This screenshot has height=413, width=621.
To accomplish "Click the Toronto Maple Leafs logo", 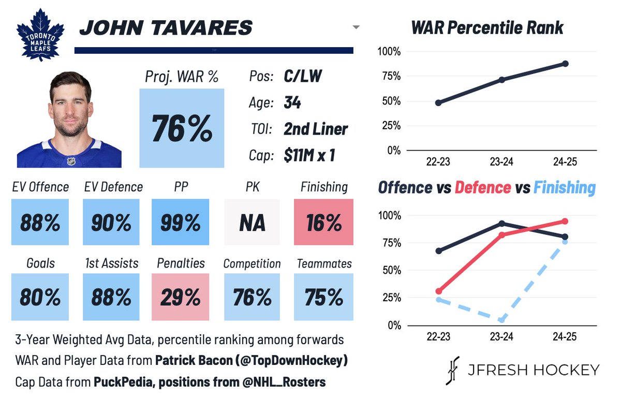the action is tap(40, 35).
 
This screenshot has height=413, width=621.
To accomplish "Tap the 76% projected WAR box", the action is tap(182, 128).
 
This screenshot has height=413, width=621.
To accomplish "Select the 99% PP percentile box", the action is tap(180, 222).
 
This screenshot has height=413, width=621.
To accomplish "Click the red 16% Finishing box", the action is tap(323, 222).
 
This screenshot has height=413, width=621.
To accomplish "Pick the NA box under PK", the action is tap(252, 222).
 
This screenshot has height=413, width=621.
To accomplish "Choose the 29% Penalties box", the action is tap(180, 297).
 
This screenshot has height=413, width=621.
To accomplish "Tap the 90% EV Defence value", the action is tap(111, 223).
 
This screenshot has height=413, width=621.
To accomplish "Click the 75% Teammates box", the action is tap(323, 297).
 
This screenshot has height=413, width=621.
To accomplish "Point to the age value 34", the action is tap(292, 102).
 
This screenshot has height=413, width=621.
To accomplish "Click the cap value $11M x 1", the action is tap(309, 155).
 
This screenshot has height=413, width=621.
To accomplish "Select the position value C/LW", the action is tap(303, 76).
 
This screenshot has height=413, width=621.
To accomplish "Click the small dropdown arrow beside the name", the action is tap(356, 27).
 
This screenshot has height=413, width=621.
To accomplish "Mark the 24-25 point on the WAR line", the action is tap(565, 64).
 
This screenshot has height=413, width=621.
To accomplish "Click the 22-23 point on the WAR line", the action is tap(438, 103).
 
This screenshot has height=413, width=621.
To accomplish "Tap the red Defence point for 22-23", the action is tap(439, 291).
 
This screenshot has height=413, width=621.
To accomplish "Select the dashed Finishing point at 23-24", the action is tap(501, 320).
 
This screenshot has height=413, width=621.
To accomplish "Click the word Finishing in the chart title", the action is tap(565, 188).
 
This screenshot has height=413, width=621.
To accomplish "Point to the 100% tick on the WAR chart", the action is tap(389, 52).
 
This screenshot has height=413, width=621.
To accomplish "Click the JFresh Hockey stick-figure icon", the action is tap(452, 371).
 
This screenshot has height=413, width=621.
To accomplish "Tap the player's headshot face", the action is tap(71, 107).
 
